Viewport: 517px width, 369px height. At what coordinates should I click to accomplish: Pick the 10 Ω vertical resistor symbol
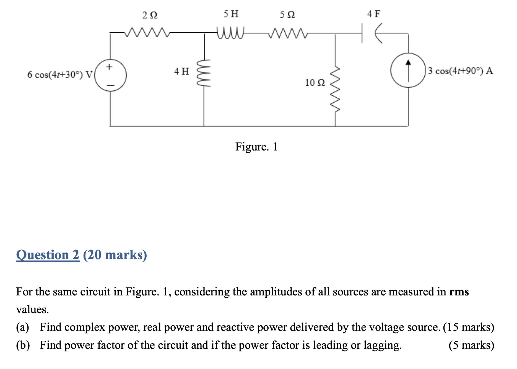[335, 89]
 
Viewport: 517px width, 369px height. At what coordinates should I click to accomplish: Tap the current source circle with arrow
[408, 71]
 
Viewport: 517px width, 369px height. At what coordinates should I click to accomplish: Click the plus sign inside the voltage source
[110, 67]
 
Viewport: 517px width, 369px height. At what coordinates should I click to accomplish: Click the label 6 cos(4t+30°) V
[60, 74]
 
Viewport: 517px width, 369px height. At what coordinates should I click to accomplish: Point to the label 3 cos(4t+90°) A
[460, 71]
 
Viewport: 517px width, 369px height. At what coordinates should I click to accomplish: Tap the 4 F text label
[373, 14]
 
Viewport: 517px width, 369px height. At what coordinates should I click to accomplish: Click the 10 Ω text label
[315, 82]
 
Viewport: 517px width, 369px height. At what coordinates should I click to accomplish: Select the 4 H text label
[181, 71]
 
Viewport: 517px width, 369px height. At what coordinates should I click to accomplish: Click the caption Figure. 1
[256, 147]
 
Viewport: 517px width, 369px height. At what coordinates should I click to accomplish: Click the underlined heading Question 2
[48, 255]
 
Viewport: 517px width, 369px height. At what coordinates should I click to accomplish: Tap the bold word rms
[459, 292]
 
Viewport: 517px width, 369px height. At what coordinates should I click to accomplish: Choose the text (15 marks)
[468, 327]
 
